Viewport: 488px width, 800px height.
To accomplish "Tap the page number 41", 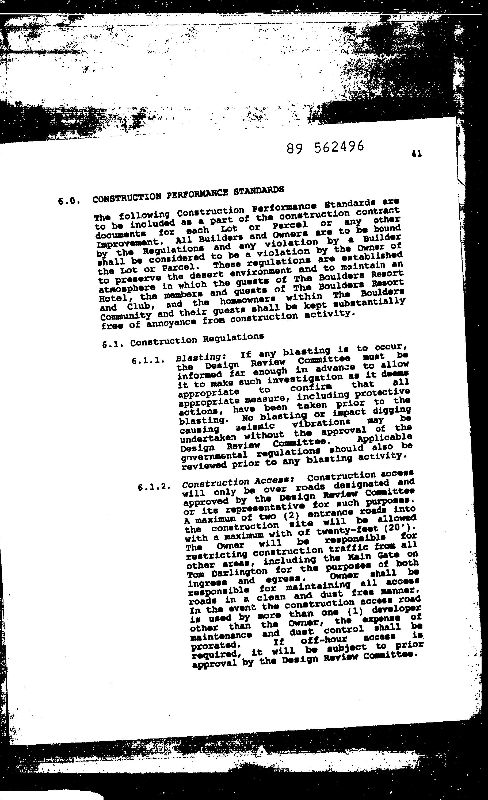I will click(417, 153).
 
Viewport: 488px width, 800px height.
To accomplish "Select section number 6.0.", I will click(68, 201).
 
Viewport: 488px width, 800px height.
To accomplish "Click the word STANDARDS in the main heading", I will click(259, 190).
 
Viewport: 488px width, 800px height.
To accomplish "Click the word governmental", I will click(214, 456).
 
